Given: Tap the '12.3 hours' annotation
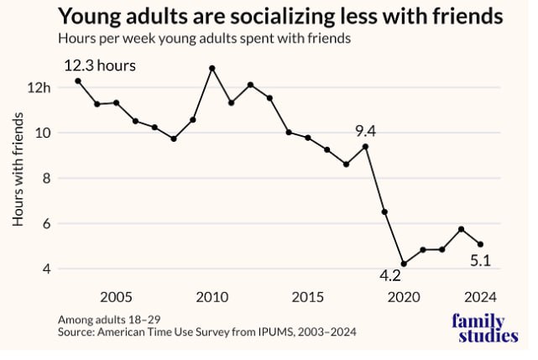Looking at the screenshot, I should click(x=100, y=65).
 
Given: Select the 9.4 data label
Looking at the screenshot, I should click(x=364, y=131).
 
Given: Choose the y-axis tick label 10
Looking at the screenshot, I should click(x=44, y=133).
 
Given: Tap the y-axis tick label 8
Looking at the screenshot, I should click(x=47, y=179).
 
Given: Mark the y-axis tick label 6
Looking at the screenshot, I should click(x=47, y=224).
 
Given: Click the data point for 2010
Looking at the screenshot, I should click(x=212, y=68).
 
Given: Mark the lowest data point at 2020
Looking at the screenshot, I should click(x=404, y=263).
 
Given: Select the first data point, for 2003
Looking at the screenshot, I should click(x=78, y=81).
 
